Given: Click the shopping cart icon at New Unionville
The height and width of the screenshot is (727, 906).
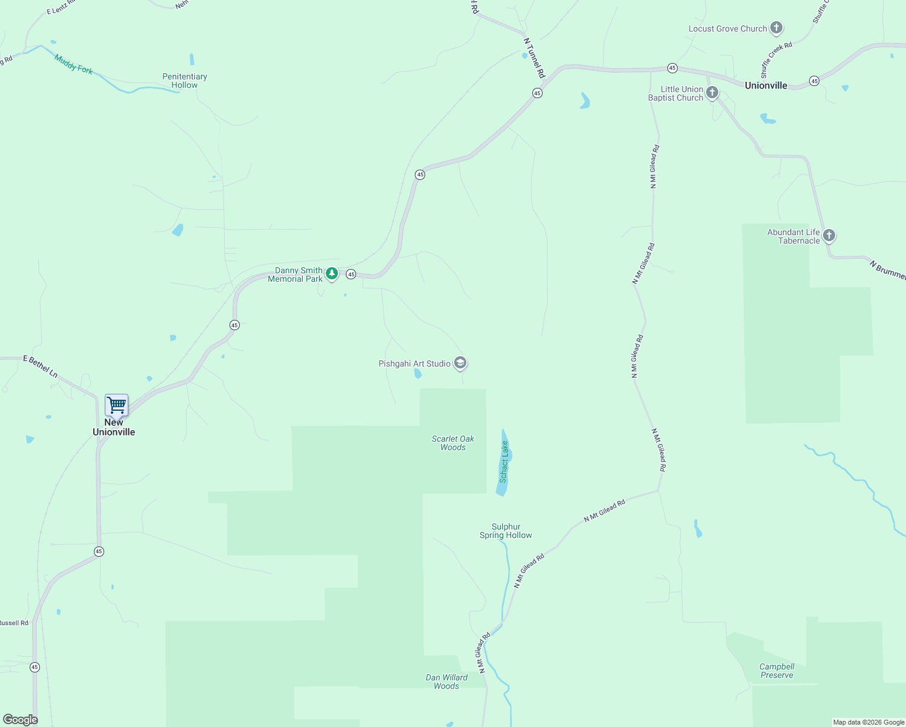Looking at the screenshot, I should tap(116, 404).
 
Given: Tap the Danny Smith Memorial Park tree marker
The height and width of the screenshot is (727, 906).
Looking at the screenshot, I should tap(332, 274).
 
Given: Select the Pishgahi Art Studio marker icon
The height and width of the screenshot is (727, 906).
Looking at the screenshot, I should tap(460, 363).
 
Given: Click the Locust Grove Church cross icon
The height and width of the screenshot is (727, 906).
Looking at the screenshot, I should tap(776, 28).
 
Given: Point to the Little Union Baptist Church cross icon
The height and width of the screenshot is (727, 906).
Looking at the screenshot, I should tap(712, 93).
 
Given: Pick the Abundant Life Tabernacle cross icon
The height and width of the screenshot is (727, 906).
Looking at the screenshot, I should tap(829, 236).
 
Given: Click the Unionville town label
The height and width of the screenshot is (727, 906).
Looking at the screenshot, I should tap(766, 85).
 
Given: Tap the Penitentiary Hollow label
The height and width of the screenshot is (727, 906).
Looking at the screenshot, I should tap(185, 81).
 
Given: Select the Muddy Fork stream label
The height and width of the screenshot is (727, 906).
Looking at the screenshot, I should tap(73, 64).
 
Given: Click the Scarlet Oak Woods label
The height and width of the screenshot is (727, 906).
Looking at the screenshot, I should tap(453, 443).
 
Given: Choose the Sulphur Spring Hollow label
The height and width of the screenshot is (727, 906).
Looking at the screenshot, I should tap(506, 531).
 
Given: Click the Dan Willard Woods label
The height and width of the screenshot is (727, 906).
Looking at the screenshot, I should tap(446, 682).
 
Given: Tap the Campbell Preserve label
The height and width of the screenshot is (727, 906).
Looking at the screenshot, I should tap(777, 671).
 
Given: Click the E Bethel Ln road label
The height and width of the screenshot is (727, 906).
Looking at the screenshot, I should tap(41, 367).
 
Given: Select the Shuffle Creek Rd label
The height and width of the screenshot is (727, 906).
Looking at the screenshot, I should tap(776, 59).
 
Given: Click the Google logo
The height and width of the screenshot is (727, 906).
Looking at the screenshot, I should tap(21, 719).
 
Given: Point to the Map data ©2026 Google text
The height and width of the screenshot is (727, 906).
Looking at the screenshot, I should tap(868, 722).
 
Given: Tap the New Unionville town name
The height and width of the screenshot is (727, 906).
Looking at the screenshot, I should tap(114, 427).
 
